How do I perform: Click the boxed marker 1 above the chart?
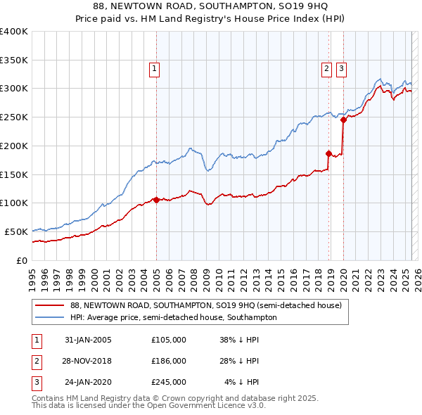click(x=153, y=69)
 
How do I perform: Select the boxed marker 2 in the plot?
click(x=327, y=69)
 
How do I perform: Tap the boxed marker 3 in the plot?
click(x=341, y=69)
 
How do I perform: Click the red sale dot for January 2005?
click(x=156, y=200)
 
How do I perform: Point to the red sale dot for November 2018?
click(x=328, y=153)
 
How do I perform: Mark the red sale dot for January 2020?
click(x=343, y=120)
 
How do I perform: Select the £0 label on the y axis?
click(x=22, y=260)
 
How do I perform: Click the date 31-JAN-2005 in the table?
click(x=88, y=340)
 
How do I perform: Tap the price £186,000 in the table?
click(x=169, y=361)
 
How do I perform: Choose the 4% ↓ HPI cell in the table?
click(x=241, y=382)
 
